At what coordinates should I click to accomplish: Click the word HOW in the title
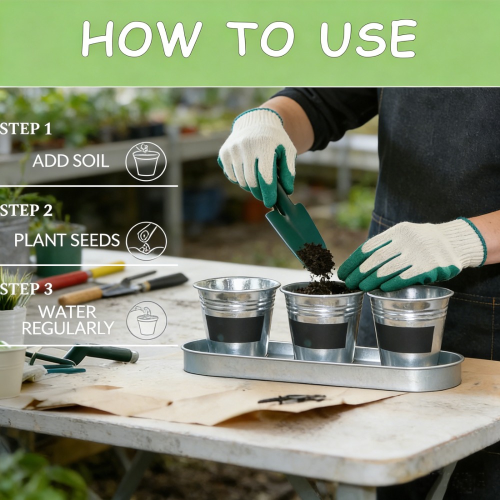142,39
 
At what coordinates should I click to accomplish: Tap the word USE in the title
368,38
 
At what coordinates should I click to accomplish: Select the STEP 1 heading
25,128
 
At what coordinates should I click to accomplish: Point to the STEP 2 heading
26,210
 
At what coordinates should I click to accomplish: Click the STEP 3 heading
26,289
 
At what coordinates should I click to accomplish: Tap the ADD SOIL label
71,160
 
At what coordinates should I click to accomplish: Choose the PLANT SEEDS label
67,240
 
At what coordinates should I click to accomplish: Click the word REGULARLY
68,328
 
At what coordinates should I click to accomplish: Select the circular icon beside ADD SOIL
146,161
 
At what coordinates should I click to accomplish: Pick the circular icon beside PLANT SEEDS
146,241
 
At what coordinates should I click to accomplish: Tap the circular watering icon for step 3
146,320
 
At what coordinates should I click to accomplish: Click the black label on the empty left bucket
235,329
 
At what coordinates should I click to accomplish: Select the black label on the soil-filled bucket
319,334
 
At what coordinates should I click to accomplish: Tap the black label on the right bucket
405,337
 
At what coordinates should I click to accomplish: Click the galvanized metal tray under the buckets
322,370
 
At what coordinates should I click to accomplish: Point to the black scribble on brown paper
292,398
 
